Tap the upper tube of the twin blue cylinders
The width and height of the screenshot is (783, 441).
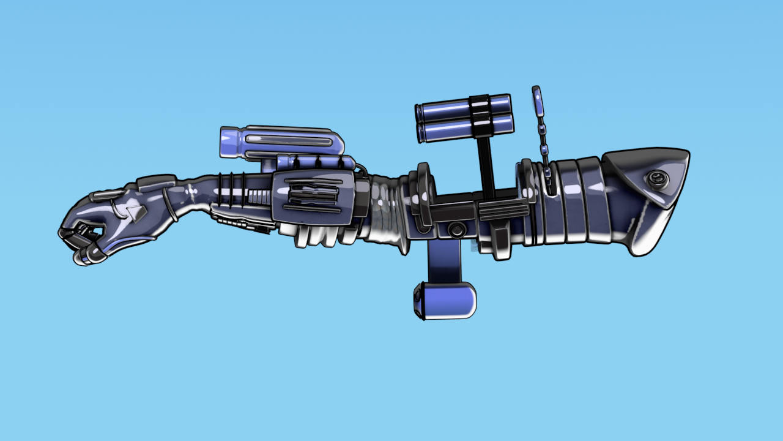tap(447, 108)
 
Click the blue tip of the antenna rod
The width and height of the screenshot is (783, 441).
tap(538, 102)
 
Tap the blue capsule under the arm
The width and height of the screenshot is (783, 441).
tap(445, 301)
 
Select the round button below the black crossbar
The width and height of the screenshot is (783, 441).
tap(456, 230)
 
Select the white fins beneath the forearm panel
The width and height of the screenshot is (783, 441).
tap(318, 235)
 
